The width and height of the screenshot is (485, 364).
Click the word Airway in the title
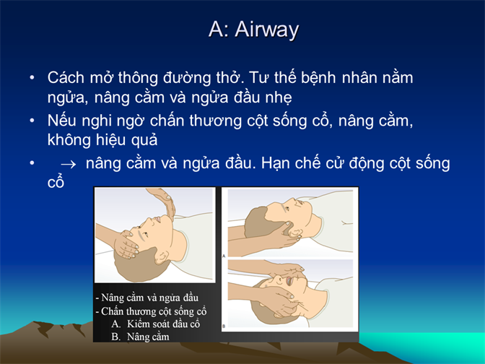(x=266, y=30)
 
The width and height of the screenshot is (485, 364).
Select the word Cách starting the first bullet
(x=66, y=77)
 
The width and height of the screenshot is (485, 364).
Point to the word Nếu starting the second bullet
(x=62, y=120)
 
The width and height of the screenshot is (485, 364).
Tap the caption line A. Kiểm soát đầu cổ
(x=156, y=324)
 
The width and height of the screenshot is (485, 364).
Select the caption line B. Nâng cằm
(x=140, y=337)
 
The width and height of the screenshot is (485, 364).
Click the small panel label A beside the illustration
(x=224, y=256)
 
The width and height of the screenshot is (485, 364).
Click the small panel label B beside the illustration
(x=224, y=326)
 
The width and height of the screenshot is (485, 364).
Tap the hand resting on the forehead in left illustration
(x=126, y=243)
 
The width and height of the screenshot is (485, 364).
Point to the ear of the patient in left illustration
(x=162, y=256)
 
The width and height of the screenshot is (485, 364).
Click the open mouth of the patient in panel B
(x=289, y=281)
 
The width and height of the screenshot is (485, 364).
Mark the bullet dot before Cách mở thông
(x=32, y=77)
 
